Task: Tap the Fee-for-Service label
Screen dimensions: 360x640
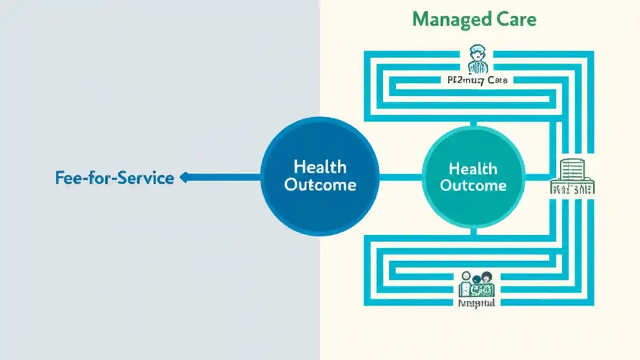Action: (x=114, y=178)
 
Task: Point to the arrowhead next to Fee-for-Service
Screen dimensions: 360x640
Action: (x=184, y=177)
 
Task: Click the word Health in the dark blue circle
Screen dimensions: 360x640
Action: (x=320, y=166)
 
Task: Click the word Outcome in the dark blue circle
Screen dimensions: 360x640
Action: (x=320, y=185)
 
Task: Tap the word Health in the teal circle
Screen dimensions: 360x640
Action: (x=473, y=169)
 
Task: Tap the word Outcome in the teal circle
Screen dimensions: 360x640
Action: (x=473, y=186)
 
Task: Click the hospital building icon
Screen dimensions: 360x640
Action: (x=572, y=171)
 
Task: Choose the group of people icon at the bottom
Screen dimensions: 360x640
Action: (x=476, y=283)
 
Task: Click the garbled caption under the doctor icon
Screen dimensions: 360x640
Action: (x=477, y=80)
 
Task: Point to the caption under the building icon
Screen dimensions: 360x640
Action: (x=572, y=189)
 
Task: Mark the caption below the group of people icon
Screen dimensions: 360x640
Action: (x=476, y=303)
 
